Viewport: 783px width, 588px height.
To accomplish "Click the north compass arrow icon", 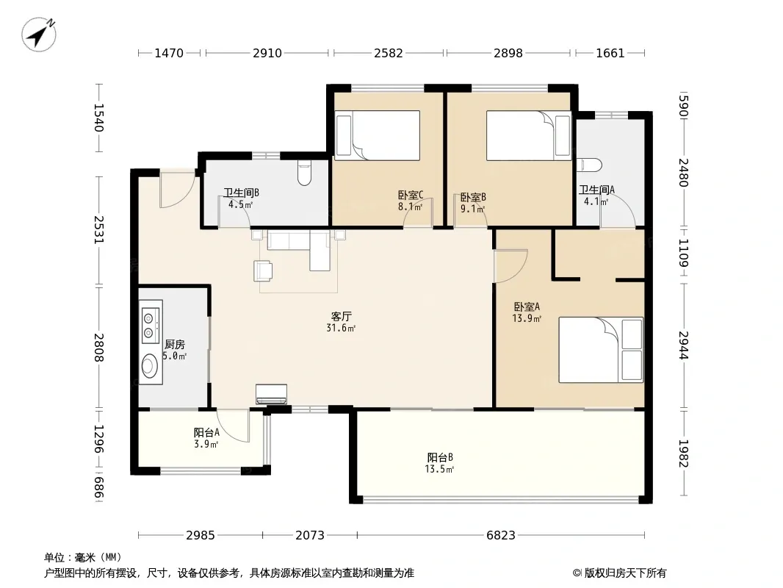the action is (x=39, y=34).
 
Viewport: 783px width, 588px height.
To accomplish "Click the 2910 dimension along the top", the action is (x=267, y=53).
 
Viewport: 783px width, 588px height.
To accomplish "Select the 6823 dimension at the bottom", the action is (x=500, y=536).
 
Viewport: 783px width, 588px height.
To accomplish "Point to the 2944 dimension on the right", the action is (x=683, y=345).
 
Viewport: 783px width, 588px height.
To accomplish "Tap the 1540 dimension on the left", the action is (x=98, y=118).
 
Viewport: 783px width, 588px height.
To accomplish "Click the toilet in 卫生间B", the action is (x=304, y=172).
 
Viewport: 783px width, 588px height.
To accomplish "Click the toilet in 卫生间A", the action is (x=589, y=165).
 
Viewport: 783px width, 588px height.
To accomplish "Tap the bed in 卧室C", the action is (x=377, y=135).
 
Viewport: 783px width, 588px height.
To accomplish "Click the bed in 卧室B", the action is (x=529, y=135).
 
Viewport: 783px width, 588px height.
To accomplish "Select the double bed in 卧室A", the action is (x=601, y=350).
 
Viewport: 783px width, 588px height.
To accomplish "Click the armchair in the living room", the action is (x=263, y=270).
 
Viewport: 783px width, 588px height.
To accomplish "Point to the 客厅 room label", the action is (x=341, y=316).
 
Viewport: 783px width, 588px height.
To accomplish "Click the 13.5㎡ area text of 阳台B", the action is (x=439, y=469).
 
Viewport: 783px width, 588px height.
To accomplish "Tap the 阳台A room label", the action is (x=206, y=433).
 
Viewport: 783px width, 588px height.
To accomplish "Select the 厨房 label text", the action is (x=175, y=345).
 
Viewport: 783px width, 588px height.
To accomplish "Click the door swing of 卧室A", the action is (x=510, y=266).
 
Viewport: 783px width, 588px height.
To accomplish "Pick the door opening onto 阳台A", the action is (x=233, y=425).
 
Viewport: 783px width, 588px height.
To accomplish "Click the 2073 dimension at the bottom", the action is (x=310, y=536).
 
